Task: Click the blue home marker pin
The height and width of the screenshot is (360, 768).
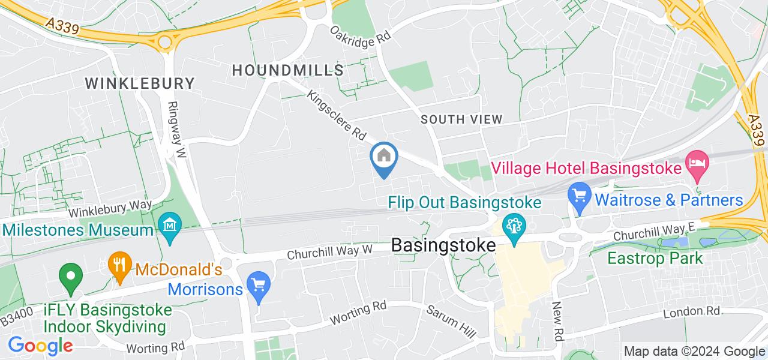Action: [x=384, y=158]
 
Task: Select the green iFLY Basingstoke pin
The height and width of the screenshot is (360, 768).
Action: [x=71, y=277]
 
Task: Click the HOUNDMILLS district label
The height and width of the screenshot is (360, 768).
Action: [x=287, y=70]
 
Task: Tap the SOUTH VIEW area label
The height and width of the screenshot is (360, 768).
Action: [x=461, y=119]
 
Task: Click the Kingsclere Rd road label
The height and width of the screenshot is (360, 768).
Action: [x=337, y=116]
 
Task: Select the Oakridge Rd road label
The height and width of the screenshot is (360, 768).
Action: [x=361, y=33]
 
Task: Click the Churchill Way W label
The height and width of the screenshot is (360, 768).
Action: [x=329, y=251]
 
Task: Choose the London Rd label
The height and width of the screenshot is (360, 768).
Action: [x=692, y=312]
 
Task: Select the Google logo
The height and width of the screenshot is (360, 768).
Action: [x=40, y=345]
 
